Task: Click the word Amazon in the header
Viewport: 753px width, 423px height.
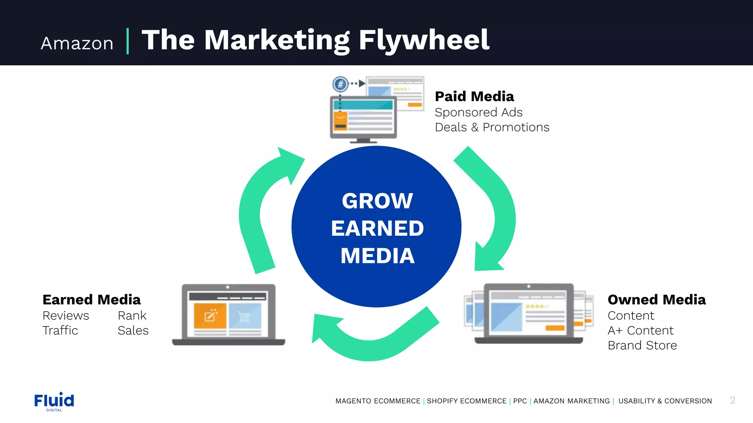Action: pos(77,43)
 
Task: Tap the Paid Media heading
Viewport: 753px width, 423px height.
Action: pos(474,96)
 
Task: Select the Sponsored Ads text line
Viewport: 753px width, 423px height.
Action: pos(478,112)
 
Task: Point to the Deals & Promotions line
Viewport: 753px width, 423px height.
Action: pos(492,127)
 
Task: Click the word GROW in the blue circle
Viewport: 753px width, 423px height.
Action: pos(377,201)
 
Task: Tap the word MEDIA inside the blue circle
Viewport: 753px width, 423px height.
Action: pos(377,256)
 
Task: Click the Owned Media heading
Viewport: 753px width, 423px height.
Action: pos(657,300)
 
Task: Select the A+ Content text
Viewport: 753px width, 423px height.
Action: pos(640,330)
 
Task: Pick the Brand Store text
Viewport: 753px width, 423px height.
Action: pos(642,345)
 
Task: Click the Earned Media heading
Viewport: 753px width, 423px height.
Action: pos(92,300)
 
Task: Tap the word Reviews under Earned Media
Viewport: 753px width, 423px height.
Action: pos(66,315)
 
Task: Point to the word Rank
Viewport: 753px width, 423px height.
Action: pos(132,315)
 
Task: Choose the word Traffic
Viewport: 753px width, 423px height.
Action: pos(60,330)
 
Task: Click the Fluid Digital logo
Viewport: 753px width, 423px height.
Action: pos(54,401)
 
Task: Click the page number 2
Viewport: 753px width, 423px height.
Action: pos(732,400)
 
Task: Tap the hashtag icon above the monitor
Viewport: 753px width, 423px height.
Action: pos(340,84)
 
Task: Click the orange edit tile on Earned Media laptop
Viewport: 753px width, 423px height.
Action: pos(210,316)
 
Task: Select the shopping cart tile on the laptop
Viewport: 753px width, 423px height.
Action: pos(245,316)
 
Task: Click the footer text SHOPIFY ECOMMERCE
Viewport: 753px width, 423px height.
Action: pos(467,401)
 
